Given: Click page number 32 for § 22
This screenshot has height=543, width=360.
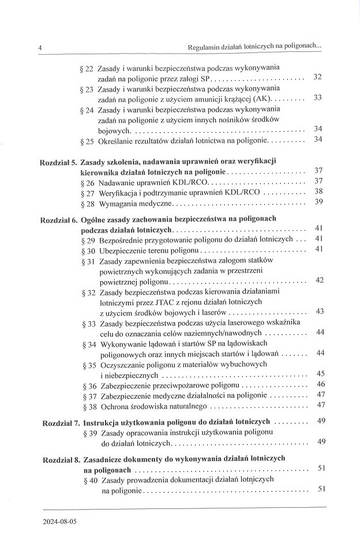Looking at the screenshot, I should click(317, 77).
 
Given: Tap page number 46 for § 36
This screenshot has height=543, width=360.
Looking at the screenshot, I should click(321, 384).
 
